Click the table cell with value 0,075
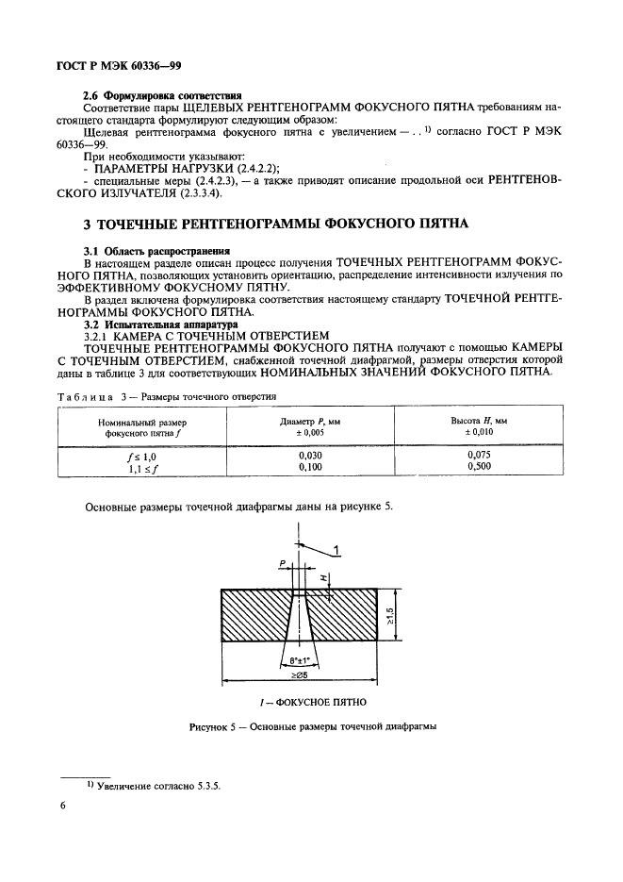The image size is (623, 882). pyautogui.click(x=486, y=455)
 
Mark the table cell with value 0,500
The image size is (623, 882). pyautogui.click(x=486, y=466)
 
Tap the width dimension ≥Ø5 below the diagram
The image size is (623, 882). pyautogui.click(x=301, y=676)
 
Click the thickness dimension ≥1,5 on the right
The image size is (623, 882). pyautogui.click(x=401, y=623)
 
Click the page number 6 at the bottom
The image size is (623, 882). pyautogui.click(x=62, y=806)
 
